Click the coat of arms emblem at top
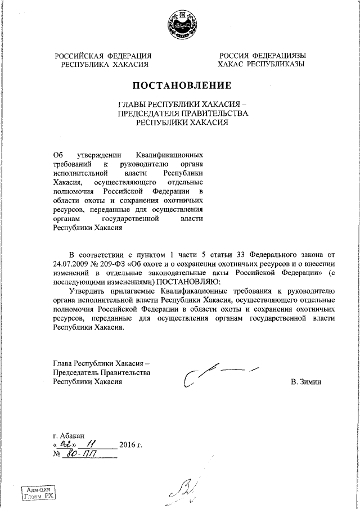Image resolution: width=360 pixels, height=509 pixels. (x=180, y=25)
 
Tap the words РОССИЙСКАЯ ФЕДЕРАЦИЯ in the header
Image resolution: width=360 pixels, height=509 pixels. (x=103, y=56)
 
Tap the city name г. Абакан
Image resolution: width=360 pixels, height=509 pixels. (x=68, y=436)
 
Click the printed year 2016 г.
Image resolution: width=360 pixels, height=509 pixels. (x=130, y=446)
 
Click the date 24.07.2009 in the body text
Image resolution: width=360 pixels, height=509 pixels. (x=73, y=264)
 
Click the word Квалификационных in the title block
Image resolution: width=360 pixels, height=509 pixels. (x=170, y=155)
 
